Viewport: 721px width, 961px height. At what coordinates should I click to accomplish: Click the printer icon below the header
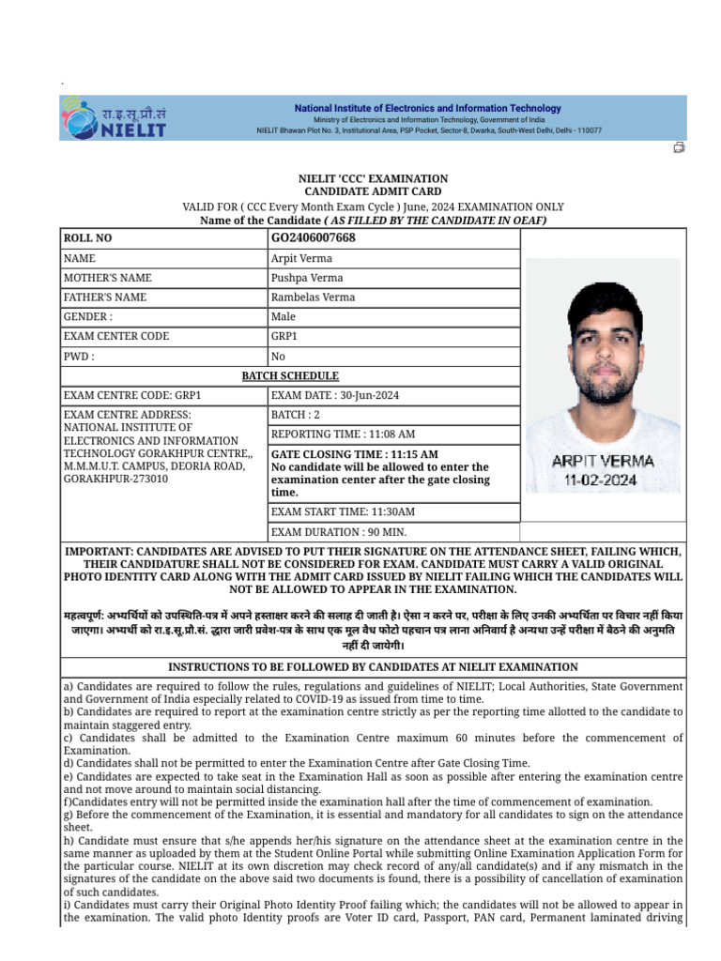(679, 148)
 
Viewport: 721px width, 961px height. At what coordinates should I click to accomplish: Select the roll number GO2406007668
(313, 237)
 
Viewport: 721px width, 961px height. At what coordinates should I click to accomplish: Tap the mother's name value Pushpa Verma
(307, 278)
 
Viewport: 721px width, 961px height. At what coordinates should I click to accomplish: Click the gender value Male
(284, 317)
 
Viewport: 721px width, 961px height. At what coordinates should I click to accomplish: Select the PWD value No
(278, 357)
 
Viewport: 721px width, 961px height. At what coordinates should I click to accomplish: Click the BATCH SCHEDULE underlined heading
(290, 376)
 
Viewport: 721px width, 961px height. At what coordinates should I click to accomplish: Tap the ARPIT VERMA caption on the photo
(603, 462)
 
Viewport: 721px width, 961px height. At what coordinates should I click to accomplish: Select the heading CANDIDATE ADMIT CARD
(373, 191)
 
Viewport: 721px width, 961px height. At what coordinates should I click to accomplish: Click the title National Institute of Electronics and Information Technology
(428, 108)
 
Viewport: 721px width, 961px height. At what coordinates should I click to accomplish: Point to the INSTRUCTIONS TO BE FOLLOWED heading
(373, 667)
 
